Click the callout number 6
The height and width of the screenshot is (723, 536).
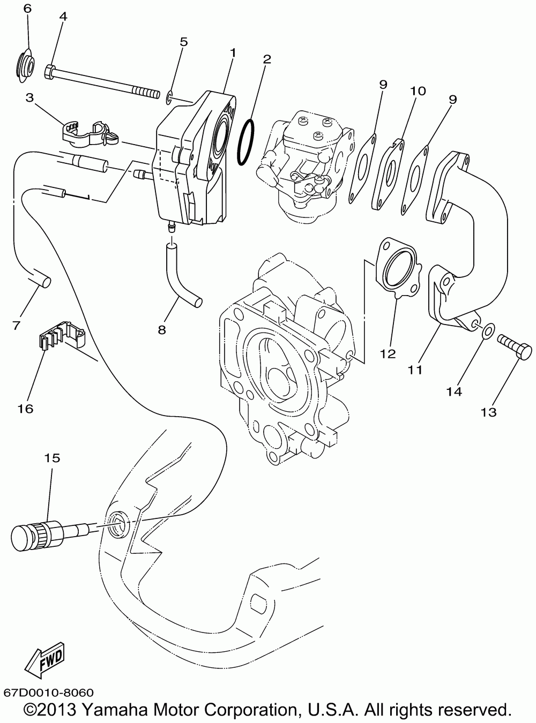(x=27, y=8)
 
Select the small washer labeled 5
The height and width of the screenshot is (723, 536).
(x=170, y=97)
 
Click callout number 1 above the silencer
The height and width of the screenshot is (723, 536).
(x=233, y=52)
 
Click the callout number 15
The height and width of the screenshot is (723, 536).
(x=52, y=458)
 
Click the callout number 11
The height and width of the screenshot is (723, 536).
(x=415, y=369)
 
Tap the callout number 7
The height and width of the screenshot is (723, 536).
(x=17, y=325)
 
